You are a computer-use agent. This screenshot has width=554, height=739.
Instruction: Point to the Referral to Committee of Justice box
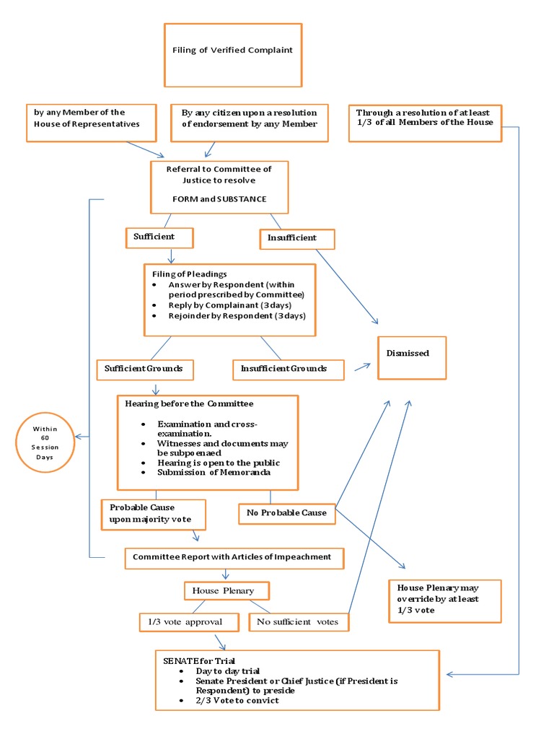coord(219,187)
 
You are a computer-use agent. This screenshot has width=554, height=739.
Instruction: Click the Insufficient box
coord(297,238)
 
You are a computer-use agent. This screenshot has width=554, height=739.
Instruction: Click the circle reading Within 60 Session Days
coord(47,443)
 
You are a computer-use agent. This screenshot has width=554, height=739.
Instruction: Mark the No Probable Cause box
coord(287,513)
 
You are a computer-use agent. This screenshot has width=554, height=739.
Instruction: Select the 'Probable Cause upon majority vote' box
coord(152,513)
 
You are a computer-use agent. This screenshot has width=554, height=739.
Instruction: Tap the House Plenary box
coord(227,590)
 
